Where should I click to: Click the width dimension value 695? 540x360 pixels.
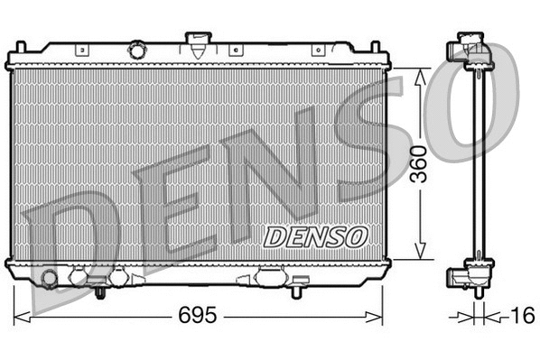[x=199, y=317]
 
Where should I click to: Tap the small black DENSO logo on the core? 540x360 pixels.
[x=316, y=236]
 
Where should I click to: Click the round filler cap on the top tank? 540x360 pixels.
[x=136, y=47]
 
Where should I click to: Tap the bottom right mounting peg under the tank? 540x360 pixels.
[x=296, y=291]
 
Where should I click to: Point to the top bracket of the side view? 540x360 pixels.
[x=472, y=50]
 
